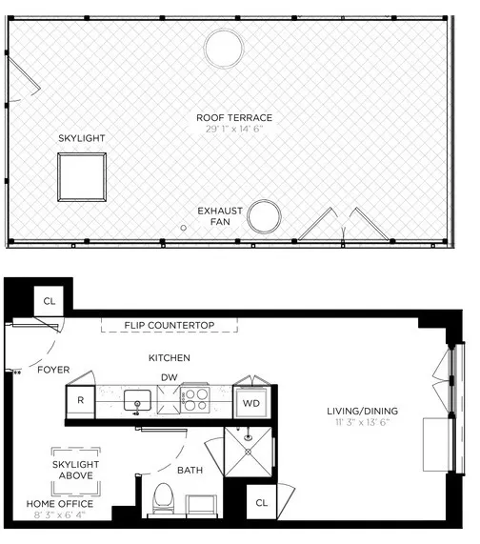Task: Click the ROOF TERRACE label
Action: (234, 117)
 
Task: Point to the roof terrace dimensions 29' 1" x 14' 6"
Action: (234, 130)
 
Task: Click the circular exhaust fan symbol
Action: (263, 216)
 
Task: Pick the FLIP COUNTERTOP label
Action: (169, 326)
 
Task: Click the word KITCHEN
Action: (169, 358)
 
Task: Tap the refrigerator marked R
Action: (81, 401)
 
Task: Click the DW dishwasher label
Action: (168, 376)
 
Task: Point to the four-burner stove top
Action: (195, 399)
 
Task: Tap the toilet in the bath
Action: (163, 497)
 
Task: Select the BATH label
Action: (190, 470)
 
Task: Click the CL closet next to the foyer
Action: (49, 301)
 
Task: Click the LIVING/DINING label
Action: (362, 412)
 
